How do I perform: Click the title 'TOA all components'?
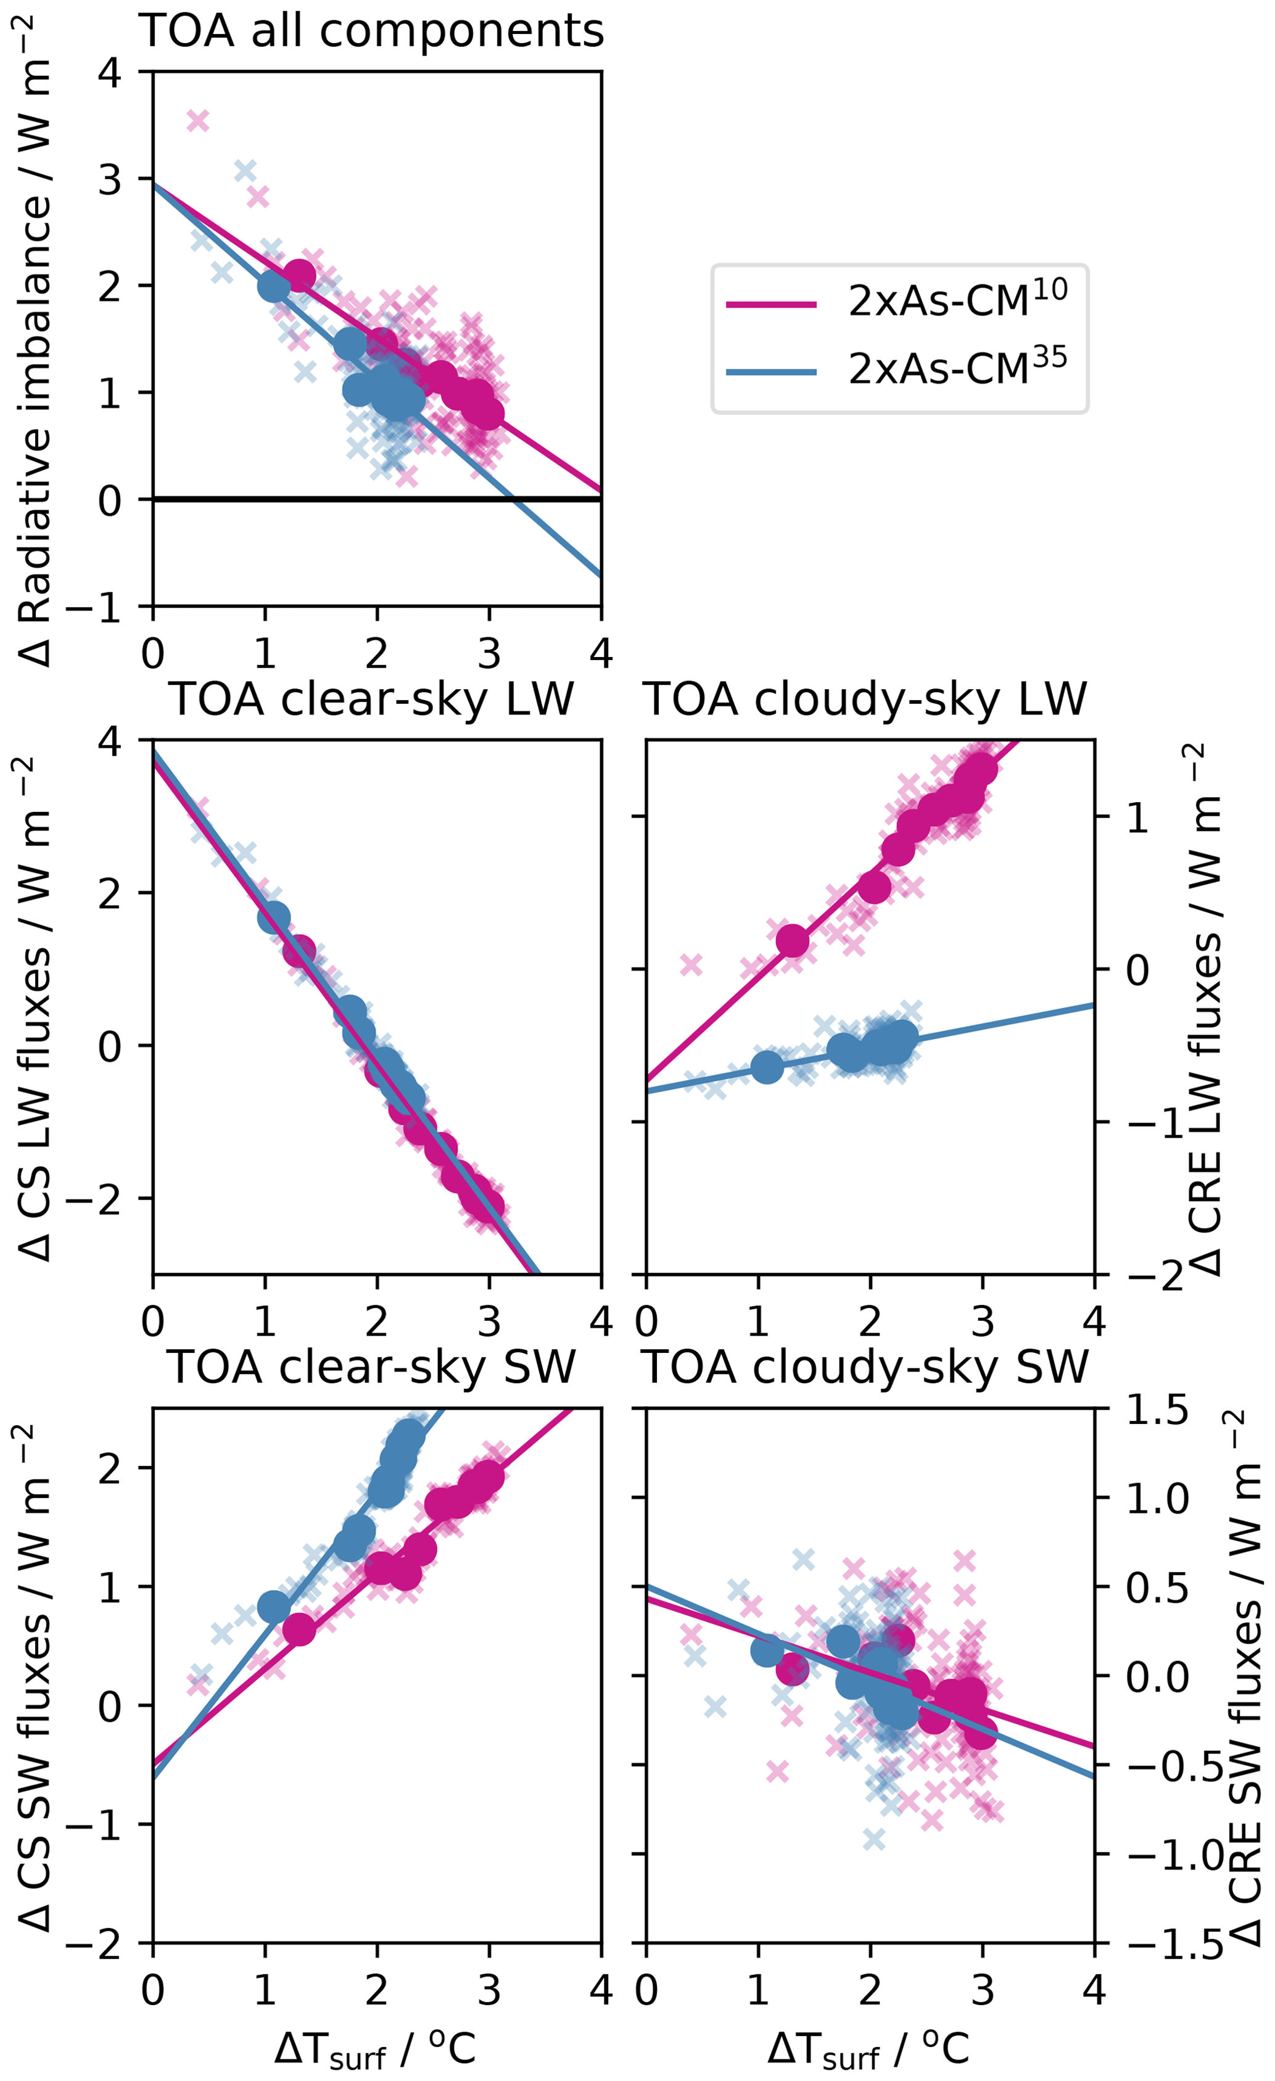pos(371,31)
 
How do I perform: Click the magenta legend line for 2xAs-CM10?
pos(771,305)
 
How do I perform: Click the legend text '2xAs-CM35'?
pos(957,369)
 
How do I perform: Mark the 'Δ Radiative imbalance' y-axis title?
pos(34,338)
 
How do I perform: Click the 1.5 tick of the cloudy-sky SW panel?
pos(1157,1410)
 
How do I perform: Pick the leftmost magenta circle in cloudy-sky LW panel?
pos(792,940)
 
